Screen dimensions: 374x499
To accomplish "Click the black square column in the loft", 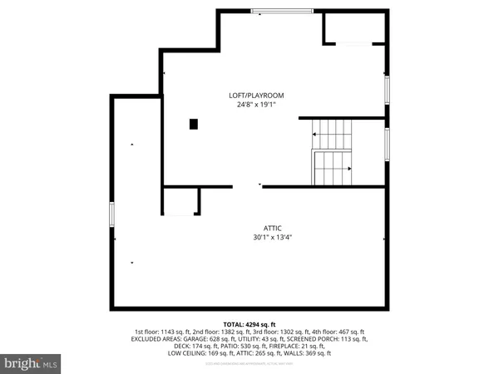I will pos(195,124).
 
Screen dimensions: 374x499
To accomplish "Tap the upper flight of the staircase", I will pos(332,130).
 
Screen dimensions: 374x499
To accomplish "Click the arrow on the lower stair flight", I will pos(348,169).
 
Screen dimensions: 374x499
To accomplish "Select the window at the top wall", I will pos(283,11).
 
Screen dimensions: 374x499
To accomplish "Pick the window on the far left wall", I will pos(111,214).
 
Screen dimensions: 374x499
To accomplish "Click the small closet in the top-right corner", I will pos(354,28).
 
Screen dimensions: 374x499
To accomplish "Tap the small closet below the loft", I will pos(180,202).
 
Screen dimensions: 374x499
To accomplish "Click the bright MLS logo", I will pos(31,363).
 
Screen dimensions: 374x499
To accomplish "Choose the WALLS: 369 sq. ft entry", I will pos(308,353).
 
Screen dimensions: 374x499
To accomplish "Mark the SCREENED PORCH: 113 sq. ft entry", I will pos(331,339).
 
